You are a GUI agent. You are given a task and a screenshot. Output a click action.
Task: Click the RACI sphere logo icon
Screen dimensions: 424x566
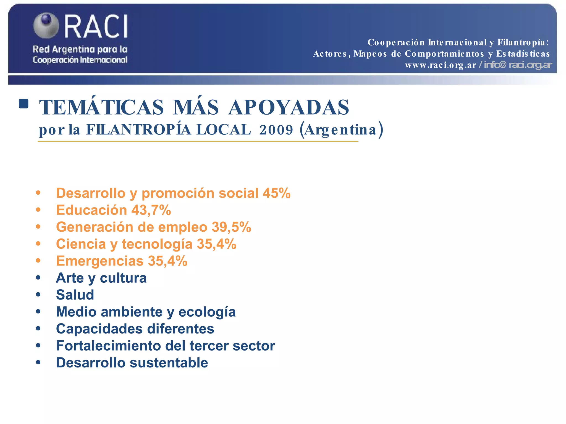pos(46,25)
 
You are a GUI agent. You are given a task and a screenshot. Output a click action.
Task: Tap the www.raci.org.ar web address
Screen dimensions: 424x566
pos(441,65)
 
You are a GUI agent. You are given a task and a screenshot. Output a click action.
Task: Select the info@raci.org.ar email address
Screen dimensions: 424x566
pos(518,65)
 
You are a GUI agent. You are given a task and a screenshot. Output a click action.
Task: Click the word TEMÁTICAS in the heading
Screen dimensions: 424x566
pos(101,107)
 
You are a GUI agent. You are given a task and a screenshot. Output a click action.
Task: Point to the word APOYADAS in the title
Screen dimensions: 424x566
pos(289,107)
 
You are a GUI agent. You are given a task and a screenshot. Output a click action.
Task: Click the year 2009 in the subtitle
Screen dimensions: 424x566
pos(276,130)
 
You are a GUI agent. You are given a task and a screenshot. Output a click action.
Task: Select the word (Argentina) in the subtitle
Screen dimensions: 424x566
pos(342,130)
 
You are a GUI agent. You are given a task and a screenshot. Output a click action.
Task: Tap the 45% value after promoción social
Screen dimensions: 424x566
pos(276,193)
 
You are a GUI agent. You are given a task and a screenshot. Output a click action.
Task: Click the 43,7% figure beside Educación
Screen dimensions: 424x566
pos(151,210)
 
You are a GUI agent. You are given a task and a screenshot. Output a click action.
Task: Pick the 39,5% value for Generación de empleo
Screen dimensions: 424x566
pos(231,227)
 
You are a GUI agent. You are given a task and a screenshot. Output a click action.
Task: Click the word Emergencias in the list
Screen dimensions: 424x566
pos(100,261)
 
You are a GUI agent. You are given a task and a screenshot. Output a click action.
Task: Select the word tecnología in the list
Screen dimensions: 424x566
pos(157,244)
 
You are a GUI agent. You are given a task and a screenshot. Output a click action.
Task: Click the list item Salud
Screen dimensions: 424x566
pos(75,295)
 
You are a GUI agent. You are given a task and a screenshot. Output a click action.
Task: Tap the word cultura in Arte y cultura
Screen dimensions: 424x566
pos(123,278)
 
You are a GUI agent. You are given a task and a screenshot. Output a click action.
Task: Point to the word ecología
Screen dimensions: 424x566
pos(207,312)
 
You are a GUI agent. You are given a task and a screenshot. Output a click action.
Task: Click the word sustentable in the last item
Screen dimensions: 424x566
pos(169,363)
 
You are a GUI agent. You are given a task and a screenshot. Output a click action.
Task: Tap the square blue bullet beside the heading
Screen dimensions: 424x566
pos(24,104)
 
